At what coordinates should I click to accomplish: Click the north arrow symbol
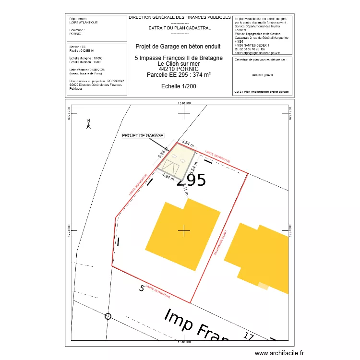(x=88, y=124)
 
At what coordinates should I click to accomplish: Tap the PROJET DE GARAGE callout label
(x=143, y=136)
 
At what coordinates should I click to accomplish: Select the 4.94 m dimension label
(x=168, y=177)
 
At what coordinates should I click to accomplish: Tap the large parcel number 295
(x=192, y=180)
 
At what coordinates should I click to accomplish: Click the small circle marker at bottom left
(x=108, y=316)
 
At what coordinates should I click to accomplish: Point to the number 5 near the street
(x=142, y=288)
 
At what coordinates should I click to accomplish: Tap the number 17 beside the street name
(x=249, y=336)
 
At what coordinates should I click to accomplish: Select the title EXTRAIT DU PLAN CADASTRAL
(x=180, y=28)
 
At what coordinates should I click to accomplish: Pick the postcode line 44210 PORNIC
(x=178, y=69)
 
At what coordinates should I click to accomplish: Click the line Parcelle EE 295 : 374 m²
(x=179, y=74)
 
